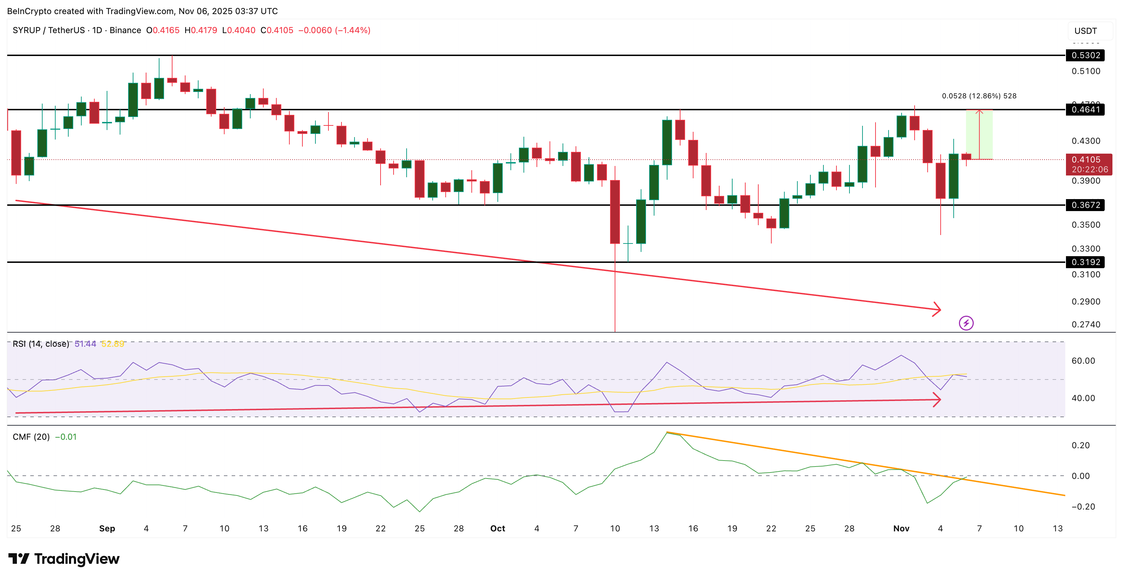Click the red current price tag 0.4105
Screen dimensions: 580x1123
point(1089,165)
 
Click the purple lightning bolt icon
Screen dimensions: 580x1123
point(966,323)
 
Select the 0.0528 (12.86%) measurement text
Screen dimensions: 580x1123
point(979,96)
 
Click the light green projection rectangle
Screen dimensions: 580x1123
point(979,134)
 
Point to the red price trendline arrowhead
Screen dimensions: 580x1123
point(937,309)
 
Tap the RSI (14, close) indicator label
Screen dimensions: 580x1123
point(40,344)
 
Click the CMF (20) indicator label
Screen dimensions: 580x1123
point(31,437)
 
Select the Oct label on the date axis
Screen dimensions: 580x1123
point(497,529)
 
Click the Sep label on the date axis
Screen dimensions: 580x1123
point(107,529)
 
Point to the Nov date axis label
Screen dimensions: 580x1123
point(901,529)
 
